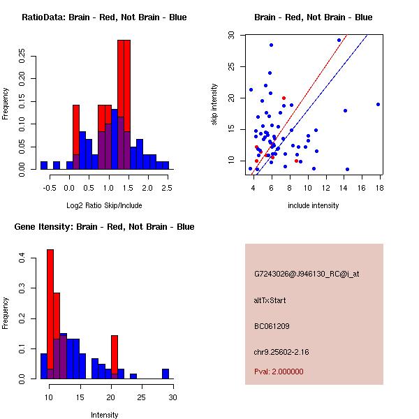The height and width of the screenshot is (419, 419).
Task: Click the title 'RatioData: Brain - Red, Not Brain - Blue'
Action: [x=103, y=17]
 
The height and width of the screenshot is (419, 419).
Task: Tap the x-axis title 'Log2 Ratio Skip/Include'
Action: [x=104, y=205]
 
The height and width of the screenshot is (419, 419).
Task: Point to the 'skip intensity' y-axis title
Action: [x=214, y=104]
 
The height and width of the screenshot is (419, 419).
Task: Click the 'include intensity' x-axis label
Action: [x=313, y=205]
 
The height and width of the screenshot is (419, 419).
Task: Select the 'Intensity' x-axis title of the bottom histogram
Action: [x=105, y=415]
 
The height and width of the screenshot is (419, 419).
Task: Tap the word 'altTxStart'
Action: [x=270, y=300]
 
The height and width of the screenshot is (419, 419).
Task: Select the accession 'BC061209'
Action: [x=272, y=325]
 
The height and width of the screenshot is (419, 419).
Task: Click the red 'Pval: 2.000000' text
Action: [x=279, y=372]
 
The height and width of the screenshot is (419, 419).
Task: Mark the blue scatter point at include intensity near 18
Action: [x=378, y=104]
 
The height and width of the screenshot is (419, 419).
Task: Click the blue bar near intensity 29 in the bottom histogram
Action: [x=166, y=374]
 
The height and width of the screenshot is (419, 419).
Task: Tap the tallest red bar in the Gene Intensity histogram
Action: [x=50, y=314]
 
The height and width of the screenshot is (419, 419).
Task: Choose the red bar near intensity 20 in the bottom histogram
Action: [x=114, y=357]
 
